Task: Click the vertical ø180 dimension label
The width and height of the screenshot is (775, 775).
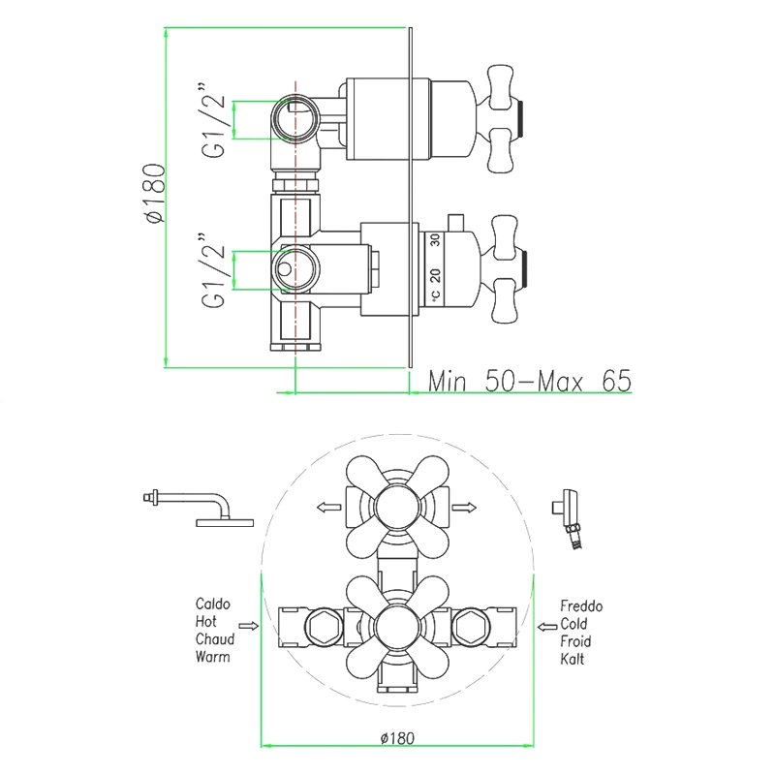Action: [156, 193]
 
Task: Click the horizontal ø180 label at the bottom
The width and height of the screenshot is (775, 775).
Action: [397, 738]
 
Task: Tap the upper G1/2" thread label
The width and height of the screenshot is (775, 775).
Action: [213, 120]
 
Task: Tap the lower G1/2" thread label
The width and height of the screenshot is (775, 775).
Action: [213, 270]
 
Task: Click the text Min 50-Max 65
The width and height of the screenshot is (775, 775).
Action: [530, 381]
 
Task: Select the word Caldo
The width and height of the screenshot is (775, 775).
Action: [212, 604]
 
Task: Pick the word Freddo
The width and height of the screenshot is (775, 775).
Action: [581, 606]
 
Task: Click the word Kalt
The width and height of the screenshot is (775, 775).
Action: [573, 659]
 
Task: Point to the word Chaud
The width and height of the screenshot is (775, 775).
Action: [214, 639]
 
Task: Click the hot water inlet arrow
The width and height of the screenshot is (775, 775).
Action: [249, 626]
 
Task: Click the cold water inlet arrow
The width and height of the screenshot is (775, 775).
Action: [547, 627]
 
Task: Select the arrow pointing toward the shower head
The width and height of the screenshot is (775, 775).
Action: [328, 507]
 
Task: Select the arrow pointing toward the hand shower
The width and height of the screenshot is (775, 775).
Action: [464, 507]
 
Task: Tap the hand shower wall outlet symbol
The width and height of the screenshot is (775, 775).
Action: [568, 519]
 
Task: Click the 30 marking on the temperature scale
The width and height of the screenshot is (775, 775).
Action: [435, 240]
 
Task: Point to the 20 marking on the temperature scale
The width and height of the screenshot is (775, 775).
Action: [435, 275]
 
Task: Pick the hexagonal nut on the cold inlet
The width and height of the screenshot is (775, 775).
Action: [470, 627]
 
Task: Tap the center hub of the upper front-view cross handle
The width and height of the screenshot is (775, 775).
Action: [397, 508]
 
